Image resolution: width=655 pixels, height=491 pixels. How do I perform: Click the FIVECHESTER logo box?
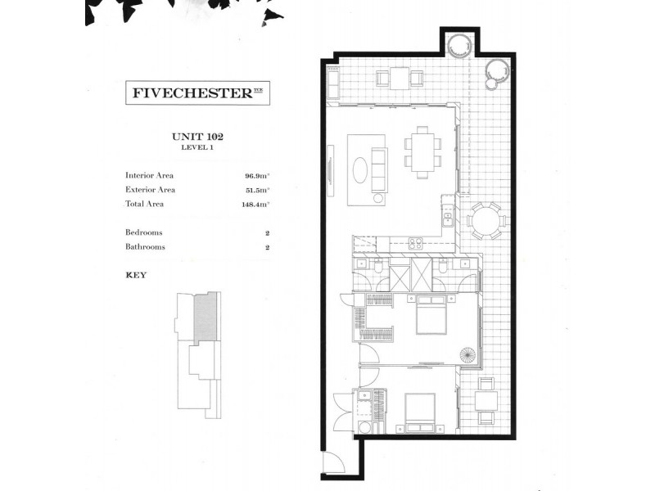197,93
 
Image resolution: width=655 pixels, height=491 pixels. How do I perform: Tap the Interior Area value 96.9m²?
255,175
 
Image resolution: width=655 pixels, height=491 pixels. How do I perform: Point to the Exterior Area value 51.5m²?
255,190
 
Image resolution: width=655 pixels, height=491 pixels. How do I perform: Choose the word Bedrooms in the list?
145,232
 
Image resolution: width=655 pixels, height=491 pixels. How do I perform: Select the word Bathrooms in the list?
145,246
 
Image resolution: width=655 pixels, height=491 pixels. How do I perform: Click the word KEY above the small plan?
136,275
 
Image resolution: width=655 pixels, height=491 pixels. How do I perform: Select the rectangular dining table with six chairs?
422,151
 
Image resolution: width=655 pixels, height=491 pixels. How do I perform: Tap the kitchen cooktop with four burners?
414,242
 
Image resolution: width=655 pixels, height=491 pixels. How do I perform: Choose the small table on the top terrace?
400,79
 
